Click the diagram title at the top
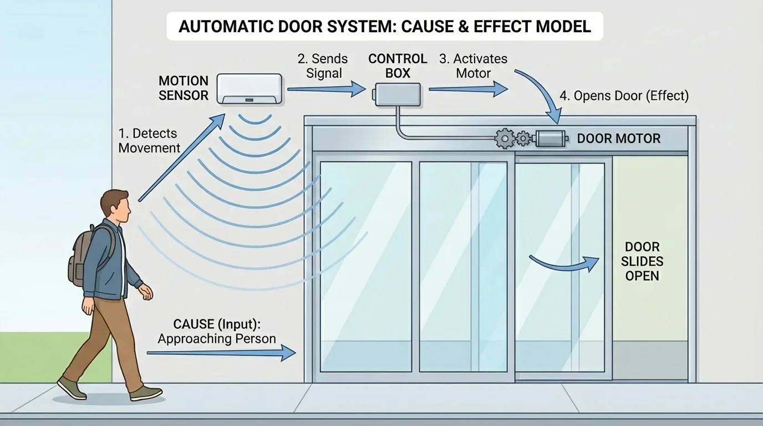[384, 27]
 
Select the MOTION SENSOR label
[184, 88]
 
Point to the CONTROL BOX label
[398, 65]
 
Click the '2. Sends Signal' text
[324, 66]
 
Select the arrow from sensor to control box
[327, 89]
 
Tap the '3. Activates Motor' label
[473, 66]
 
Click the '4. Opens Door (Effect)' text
[624, 95]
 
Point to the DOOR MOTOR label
[619, 139]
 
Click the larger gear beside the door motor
[505, 138]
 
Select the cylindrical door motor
[551, 138]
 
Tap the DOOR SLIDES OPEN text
[642, 261]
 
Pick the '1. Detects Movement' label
[149, 140]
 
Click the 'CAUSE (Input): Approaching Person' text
[216, 331]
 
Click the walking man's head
[118, 206]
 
